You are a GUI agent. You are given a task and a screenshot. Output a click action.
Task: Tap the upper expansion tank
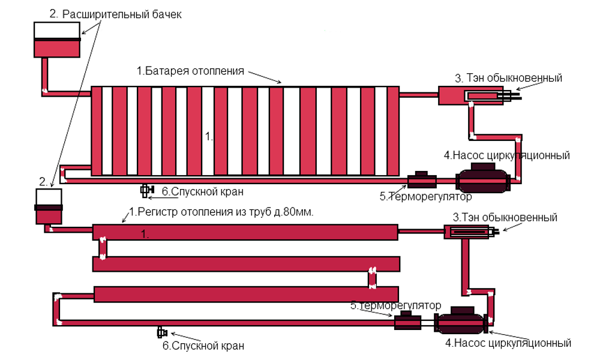coord(57,40)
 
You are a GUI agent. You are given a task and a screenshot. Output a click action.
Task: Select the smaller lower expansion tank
coord(49,206)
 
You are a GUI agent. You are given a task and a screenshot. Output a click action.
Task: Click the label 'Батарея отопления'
coord(190,71)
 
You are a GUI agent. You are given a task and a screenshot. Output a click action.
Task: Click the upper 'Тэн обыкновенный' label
coord(508,78)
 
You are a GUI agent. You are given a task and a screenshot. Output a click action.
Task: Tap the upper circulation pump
coord(482,180)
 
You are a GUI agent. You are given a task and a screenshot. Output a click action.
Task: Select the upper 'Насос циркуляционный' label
coord(506,155)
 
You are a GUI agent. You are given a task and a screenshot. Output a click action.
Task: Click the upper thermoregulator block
coord(422,179)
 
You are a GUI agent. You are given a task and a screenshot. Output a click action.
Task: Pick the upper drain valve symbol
coord(146,191)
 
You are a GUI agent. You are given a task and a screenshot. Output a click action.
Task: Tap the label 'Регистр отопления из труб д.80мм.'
coord(222,212)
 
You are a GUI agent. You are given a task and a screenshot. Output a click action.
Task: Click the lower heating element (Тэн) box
coord(468,232)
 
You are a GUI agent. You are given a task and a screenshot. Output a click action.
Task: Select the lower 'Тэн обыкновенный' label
coord(505,217)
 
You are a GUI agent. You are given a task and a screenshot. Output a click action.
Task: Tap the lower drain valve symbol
coord(161,332)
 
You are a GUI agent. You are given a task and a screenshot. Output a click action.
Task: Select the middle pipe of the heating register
coord(246,264)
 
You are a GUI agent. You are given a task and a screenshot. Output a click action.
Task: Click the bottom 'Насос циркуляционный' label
coord(507,343)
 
